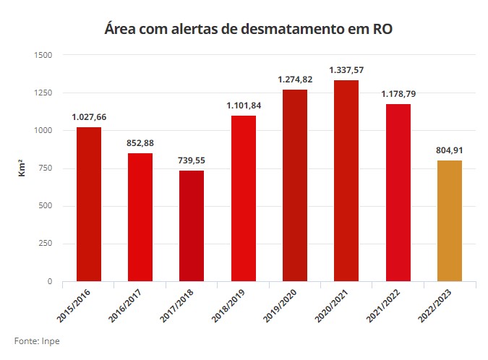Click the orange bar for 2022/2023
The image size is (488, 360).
tap(449, 220)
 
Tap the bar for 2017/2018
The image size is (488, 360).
tap(192, 226)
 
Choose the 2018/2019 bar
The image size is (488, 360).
tap(243, 198)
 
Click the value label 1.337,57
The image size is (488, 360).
tap(346, 70)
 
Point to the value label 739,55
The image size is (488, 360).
tap(192, 160)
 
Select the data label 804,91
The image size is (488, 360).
tap(449, 150)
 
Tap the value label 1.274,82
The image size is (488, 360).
tap(295, 80)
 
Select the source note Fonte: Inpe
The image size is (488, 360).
tap(37, 340)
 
